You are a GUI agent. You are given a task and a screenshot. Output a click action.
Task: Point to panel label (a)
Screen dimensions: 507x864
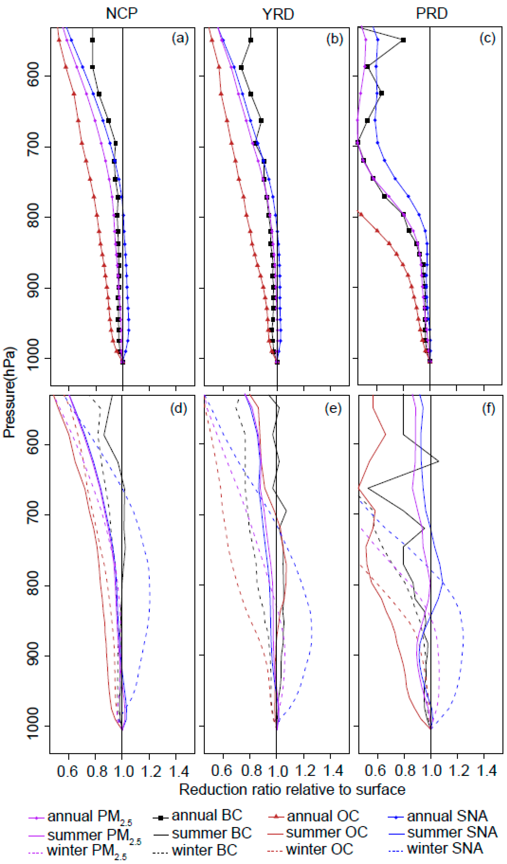tap(180, 38)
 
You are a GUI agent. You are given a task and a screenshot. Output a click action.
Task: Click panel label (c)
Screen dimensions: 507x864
tap(487, 38)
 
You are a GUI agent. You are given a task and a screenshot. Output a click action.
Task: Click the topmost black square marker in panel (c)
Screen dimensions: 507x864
tap(403, 40)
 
